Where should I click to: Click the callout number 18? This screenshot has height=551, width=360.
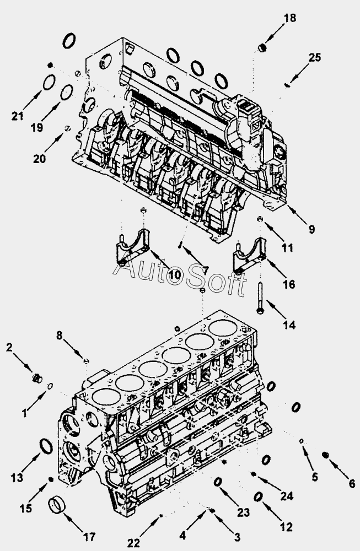pos(290,18)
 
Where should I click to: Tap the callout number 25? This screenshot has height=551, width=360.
pos(315,57)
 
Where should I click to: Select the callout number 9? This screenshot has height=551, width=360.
pos(311,229)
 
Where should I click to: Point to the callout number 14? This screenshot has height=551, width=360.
pos(289,325)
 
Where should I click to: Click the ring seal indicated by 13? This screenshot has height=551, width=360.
pos(46,446)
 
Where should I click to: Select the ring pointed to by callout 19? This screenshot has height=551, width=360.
pos(67,92)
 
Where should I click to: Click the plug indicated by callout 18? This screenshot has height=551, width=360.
pos(262,47)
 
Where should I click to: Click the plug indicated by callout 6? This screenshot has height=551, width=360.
pos(325,455)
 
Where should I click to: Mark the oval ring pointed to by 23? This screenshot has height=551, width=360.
pos(218,482)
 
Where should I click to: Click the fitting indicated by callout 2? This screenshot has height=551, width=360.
pos(37,379)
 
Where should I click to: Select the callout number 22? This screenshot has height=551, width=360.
pos(133,543)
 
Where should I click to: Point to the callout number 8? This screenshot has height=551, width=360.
pos(59,336)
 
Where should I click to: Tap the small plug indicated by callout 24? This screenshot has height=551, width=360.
pos(253,474)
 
